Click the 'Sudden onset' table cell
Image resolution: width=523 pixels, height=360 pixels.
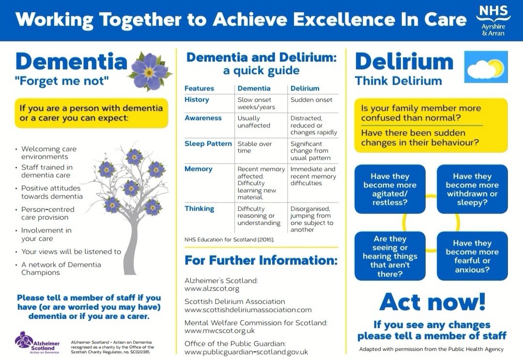click(311, 100)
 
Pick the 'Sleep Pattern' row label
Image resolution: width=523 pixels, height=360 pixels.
click(208, 144)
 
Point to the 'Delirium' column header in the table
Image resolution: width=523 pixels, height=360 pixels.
click(305, 88)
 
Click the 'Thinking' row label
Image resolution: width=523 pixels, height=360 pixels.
click(199, 209)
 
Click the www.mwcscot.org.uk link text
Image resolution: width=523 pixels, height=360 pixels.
click(219, 330)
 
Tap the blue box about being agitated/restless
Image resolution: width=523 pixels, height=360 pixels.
click(390, 189)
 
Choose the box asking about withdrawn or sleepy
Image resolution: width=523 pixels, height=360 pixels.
click(472, 189)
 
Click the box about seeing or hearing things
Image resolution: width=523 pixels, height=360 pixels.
click(390, 256)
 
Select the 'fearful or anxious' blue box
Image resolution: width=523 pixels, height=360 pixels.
click(472, 256)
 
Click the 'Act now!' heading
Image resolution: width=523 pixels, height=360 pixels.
click(432, 302)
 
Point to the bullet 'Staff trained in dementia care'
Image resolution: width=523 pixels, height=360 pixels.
click(47, 171)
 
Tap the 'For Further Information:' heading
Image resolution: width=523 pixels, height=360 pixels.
click(261, 260)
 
